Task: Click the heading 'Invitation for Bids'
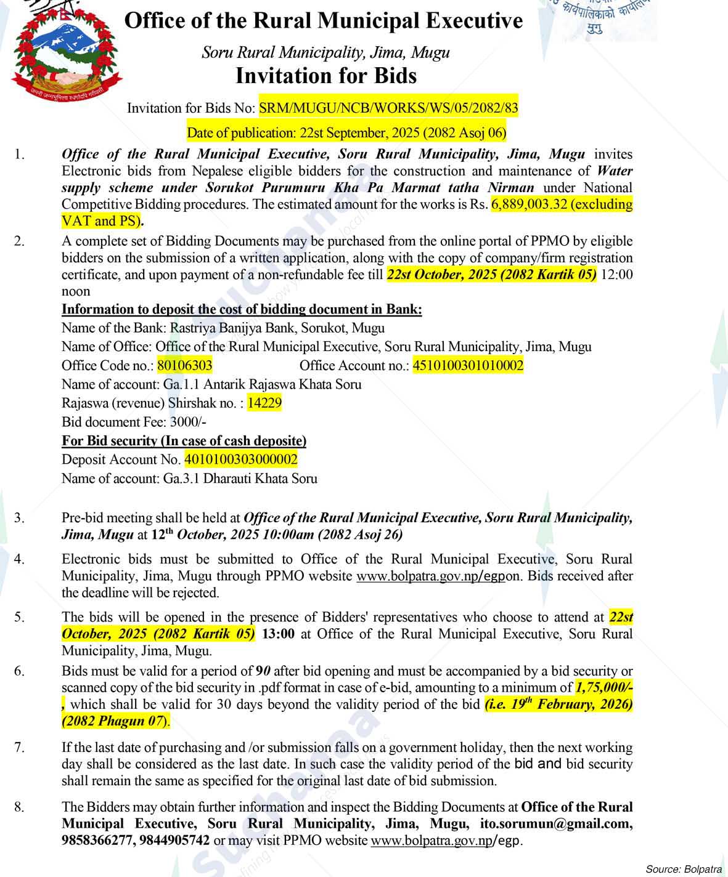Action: pyautogui.click(x=326, y=76)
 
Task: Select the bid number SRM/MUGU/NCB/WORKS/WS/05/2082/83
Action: pyautogui.click(x=388, y=108)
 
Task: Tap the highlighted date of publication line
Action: pyautogui.click(x=346, y=132)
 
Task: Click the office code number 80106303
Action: pyautogui.click(x=184, y=366)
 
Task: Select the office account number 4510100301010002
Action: pyautogui.click(x=468, y=366)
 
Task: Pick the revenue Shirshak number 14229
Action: pyautogui.click(x=264, y=403)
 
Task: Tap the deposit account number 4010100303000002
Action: pyautogui.click(x=240, y=459)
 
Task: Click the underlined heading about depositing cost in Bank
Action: pyautogui.click(x=242, y=309)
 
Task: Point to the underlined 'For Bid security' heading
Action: pyautogui.click(x=184, y=441)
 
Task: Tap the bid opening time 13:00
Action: pyautogui.click(x=278, y=634)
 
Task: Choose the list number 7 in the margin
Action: pyautogui.click(x=20, y=748)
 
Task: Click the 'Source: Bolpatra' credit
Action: pyautogui.click(x=683, y=869)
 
